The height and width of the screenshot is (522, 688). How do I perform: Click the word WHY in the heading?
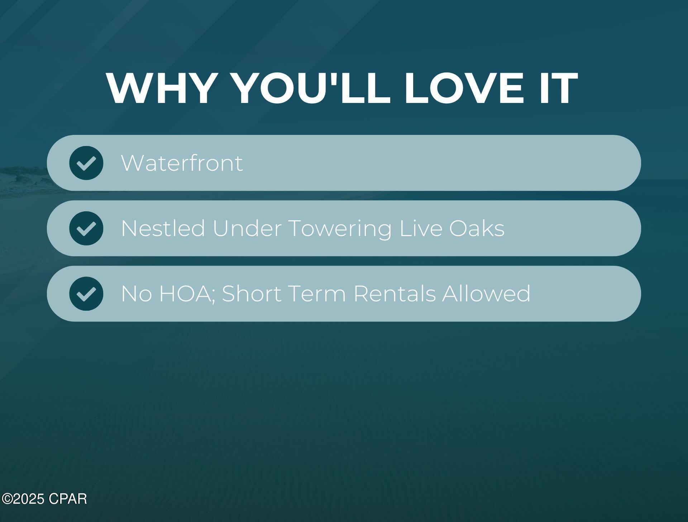161,88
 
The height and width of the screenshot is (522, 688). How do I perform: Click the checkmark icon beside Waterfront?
86,163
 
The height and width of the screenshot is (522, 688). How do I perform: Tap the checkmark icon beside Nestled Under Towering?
86,228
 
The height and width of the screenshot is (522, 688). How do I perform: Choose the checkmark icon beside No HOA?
86,293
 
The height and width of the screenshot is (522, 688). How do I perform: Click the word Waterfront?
182,163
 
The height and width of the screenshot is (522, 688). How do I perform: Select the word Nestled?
163,228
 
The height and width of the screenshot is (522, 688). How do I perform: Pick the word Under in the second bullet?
247,228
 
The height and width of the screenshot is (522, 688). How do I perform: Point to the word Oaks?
477,228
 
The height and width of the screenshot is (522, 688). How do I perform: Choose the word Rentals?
395,293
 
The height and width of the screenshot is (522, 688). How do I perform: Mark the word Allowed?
486,293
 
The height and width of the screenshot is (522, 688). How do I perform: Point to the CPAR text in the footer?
68,499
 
